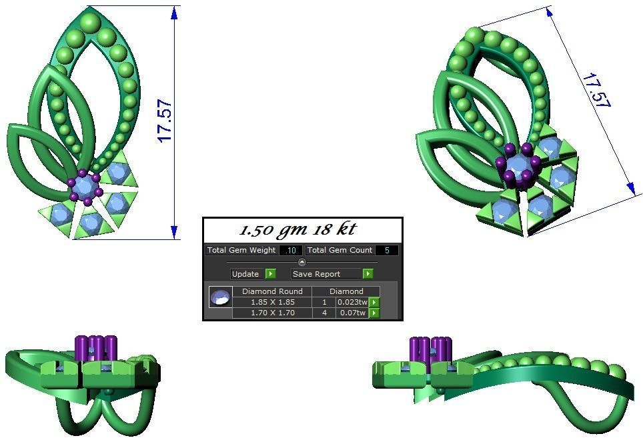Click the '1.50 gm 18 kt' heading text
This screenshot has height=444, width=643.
pos(297,230)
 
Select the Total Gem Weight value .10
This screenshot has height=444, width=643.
pos(291,251)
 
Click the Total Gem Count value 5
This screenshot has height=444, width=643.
pos(386,251)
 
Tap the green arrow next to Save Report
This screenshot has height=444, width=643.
pos(368,274)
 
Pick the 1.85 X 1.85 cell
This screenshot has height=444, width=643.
pos(272,302)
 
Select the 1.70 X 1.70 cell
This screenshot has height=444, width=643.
pos(272,313)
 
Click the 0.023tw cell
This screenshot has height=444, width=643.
pos(352,302)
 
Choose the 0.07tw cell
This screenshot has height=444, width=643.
pos(352,313)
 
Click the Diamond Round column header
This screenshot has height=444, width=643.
pos(272,291)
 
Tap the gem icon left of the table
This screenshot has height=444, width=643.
pos(221,297)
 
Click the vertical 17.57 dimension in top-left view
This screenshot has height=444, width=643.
pos(165,121)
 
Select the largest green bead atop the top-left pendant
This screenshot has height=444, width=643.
pos(89,23)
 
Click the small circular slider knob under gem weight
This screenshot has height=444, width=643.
pos(301,262)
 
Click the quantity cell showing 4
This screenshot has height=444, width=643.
pos(324,313)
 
